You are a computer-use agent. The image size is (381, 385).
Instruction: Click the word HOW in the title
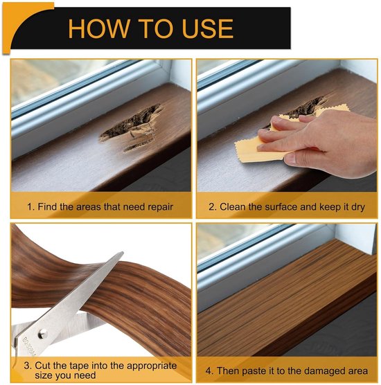(x=99, y=28)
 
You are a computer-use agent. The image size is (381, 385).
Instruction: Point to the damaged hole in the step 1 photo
(x=131, y=127)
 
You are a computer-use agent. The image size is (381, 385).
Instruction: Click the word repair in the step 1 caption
(x=161, y=207)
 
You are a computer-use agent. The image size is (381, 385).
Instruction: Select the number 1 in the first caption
(x=30, y=207)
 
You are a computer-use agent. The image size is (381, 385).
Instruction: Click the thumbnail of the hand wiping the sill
(x=287, y=126)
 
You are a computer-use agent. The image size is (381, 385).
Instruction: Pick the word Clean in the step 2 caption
(x=233, y=207)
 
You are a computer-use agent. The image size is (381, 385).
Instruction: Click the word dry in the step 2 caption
(x=357, y=207)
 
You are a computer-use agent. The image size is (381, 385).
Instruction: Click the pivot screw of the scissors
(x=42, y=334)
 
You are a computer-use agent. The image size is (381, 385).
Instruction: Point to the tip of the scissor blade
(x=123, y=252)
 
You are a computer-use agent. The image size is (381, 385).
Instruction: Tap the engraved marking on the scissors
(x=29, y=347)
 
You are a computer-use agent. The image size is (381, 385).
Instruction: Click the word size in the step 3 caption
(x=44, y=375)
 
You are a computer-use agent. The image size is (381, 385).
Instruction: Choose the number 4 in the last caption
(x=209, y=370)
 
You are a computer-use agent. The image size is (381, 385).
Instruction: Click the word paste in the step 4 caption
(x=254, y=371)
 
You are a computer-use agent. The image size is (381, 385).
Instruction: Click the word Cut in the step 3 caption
(x=42, y=366)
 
